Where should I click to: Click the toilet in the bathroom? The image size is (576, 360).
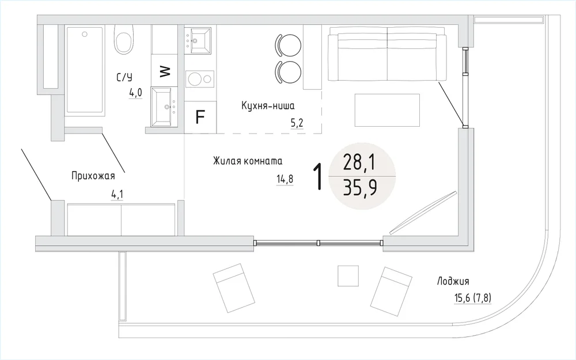pyautogui.click(x=123, y=40)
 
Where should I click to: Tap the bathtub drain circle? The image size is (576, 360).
pyautogui.click(x=85, y=34)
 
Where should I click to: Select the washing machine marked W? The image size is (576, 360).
pyautogui.click(x=165, y=70)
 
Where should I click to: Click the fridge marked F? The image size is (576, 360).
pyautogui.click(x=200, y=117)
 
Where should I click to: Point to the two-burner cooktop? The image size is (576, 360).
pyautogui.click(x=199, y=78)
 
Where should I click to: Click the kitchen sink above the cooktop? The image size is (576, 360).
pyautogui.click(x=198, y=40)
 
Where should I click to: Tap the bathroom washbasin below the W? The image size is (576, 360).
pyautogui.click(x=165, y=107)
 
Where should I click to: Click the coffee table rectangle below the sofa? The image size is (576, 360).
pyautogui.click(x=387, y=110)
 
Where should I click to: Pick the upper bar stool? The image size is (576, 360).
pyautogui.click(x=288, y=45)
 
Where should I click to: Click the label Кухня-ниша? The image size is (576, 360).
pyautogui.click(x=268, y=106)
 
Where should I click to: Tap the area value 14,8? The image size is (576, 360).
pyautogui.click(x=285, y=179)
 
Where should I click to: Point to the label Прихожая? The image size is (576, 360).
pyautogui.click(x=93, y=176)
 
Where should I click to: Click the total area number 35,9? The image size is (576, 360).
pyautogui.click(x=359, y=188)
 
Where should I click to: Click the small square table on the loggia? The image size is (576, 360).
pyautogui.click(x=348, y=275)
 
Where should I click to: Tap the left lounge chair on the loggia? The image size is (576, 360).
pyautogui.click(x=234, y=287)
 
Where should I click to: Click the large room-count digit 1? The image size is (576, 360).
pyautogui.click(x=318, y=177)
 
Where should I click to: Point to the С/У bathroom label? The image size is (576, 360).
pyautogui.click(x=124, y=78)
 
